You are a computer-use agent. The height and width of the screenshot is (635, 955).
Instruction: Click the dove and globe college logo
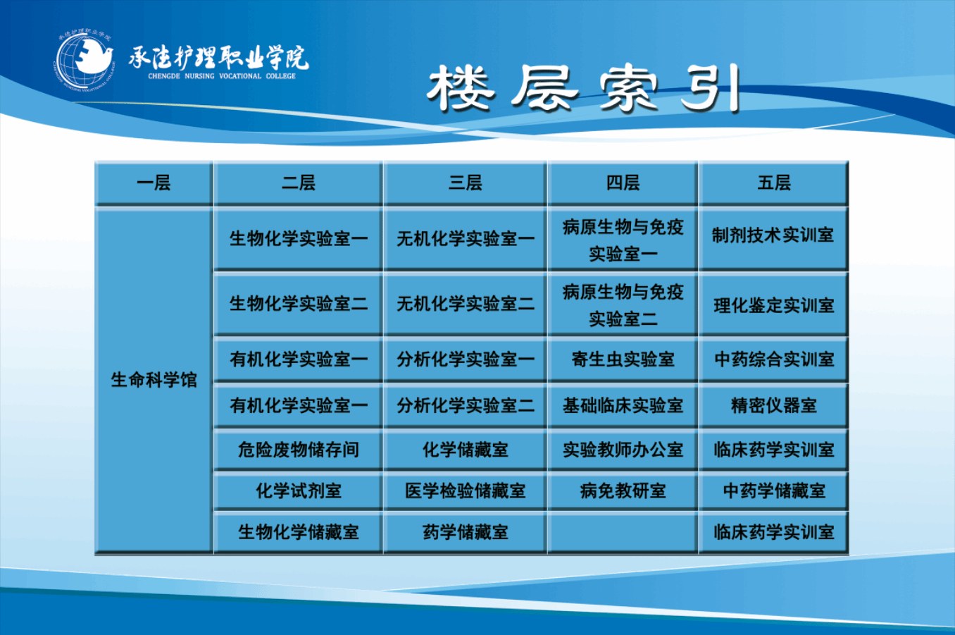pos(85,61)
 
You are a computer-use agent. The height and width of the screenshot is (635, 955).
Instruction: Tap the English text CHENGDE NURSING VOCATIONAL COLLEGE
pos(222,76)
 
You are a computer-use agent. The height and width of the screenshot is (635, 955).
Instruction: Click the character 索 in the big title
pos(629,88)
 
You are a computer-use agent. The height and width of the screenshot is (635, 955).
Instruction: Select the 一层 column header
pos(154,183)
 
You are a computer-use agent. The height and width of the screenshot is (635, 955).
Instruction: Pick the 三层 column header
pos(465,183)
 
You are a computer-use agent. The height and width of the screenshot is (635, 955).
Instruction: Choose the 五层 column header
pos(774,183)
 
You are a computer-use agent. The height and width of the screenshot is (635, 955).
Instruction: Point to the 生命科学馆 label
pos(154,379)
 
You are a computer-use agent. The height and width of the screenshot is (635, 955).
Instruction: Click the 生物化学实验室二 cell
pos(298,304)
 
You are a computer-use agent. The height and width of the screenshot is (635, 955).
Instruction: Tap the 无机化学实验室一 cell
pos(465,238)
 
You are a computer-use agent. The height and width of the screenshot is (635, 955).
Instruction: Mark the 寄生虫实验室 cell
pos(623,359)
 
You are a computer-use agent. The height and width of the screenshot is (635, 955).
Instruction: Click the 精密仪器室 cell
pos(774,405)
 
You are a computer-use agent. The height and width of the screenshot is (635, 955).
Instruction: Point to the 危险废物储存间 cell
pos(298,450)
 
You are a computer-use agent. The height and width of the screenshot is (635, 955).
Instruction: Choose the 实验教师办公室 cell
pos(623,450)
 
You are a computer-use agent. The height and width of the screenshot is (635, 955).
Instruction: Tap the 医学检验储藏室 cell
pos(465,491)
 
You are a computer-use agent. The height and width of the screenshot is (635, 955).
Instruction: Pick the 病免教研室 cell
pos(623,491)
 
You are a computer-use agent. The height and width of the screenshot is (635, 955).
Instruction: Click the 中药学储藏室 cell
pos(774,491)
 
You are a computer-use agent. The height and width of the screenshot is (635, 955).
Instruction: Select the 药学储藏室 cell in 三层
pos(465,532)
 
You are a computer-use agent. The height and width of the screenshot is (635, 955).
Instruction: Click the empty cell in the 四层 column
pos(623,532)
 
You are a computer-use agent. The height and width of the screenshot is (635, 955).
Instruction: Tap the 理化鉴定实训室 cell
pos(774,305)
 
